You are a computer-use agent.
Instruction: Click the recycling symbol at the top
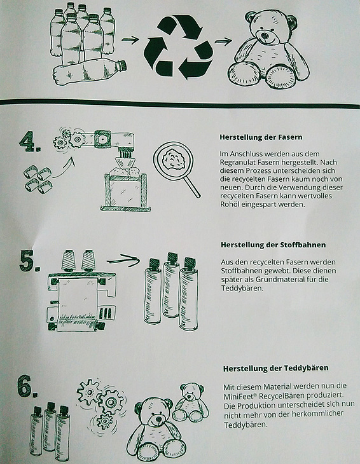click(x=178, y=47)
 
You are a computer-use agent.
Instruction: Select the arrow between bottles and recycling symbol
click(x=130, y=39)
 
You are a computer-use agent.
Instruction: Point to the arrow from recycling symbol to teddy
click(x=223, y=41)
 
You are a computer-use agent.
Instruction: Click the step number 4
click(x=30, y=142)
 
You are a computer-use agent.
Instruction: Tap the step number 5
click(x=29, y=261)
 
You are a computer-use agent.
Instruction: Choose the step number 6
click(x=27, y=386)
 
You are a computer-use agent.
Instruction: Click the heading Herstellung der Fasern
click(x=261, y=137)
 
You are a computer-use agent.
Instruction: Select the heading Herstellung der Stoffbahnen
click(x=273, y=245)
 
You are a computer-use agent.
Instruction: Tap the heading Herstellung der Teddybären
click(x=275, y=369)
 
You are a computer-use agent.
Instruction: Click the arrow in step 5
click(x=123, y=261)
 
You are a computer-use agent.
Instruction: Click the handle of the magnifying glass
click(x=192, y=186)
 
